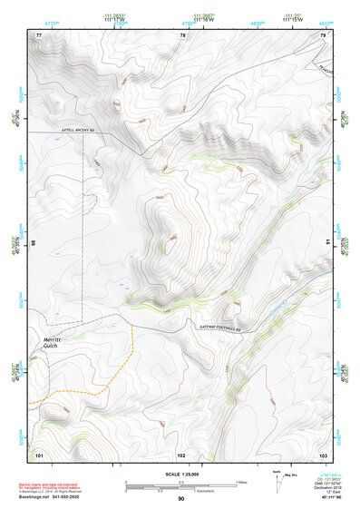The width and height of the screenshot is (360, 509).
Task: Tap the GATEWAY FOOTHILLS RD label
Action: click(x=220, y=326)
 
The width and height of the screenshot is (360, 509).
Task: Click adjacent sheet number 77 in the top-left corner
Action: click(x=39, y=35)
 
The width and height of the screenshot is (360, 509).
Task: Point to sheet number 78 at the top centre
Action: click(x=182, y=35)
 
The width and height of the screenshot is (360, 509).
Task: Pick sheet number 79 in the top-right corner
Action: click(x=324, y=35)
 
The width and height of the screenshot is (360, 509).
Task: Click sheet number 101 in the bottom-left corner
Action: click(x=39, y=453)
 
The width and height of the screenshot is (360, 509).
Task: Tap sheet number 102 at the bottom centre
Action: click(x=181, y=453)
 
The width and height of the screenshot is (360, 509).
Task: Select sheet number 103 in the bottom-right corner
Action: click(x=323, y=453)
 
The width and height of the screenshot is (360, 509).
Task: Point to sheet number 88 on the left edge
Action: click(x=34, y=242)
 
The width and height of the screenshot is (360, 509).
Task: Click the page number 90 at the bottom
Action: click(x=180, y=499)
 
